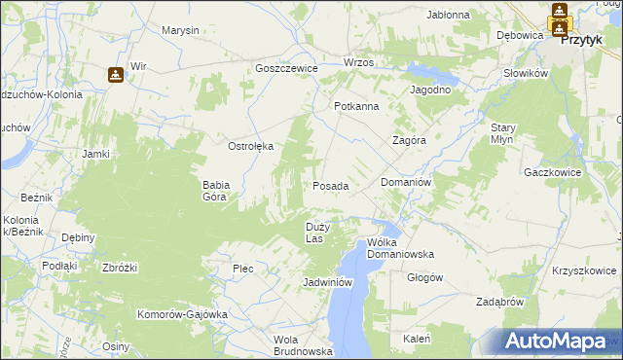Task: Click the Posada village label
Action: (x=330, y=185)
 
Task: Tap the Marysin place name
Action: (x=180, y=30)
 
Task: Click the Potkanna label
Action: (x=355, y=106)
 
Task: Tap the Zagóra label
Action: (x=409, y=139)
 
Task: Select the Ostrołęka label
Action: (x=250, y=146)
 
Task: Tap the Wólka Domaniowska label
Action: (x=399, y=248)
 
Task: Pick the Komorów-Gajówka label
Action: (x=182, y=314)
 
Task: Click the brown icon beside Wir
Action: (x=115, y=73)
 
